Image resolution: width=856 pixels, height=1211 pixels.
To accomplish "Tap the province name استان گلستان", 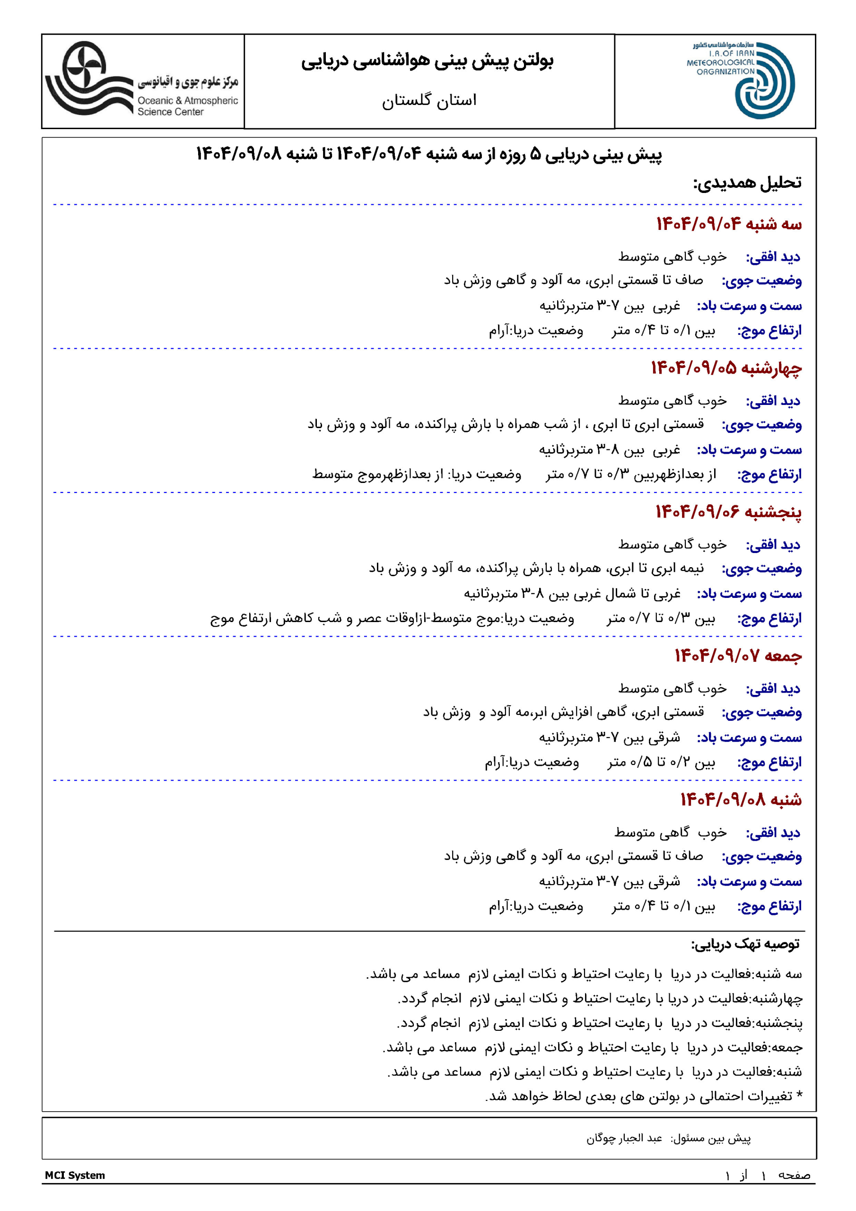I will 429,100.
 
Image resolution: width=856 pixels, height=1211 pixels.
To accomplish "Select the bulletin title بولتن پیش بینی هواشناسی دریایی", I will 427,61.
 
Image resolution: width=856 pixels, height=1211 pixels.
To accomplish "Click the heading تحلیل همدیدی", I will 747,183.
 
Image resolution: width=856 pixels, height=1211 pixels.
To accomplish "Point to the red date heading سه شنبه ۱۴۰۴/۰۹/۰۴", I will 728,224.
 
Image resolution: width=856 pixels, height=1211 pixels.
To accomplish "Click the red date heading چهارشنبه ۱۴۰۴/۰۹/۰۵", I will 726,368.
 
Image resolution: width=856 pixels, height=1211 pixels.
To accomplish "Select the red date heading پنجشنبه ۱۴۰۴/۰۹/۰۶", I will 728,512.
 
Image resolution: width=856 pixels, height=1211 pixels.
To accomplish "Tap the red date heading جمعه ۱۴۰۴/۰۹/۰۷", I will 738,656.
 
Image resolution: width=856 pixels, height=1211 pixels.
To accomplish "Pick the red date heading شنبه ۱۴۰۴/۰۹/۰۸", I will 741,799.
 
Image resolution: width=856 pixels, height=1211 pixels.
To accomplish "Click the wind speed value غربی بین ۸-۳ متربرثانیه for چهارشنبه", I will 609,450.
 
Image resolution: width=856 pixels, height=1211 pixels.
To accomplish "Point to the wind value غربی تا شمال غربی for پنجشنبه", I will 572,594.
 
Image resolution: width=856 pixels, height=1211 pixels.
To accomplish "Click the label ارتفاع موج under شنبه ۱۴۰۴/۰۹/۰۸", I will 769,907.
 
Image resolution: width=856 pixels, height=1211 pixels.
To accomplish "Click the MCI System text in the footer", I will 75,1175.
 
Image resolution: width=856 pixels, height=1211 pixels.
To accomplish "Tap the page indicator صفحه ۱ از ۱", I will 768,1175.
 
